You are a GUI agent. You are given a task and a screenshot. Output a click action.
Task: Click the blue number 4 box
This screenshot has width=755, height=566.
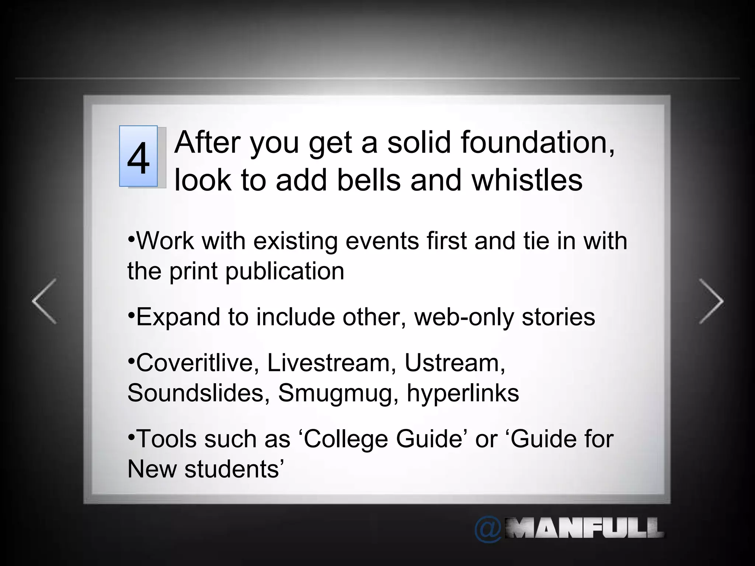point(139,156)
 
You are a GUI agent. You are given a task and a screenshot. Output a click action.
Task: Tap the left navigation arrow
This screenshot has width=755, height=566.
point(45,301)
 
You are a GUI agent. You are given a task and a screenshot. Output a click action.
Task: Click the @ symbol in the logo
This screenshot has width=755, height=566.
point(487,530)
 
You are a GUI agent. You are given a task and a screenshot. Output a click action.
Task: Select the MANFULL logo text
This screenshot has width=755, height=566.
point(584,528)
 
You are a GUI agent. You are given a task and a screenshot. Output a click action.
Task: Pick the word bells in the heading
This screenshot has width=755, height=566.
point(369,180)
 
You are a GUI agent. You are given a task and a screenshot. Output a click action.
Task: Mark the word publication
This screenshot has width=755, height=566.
point(285,272)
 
